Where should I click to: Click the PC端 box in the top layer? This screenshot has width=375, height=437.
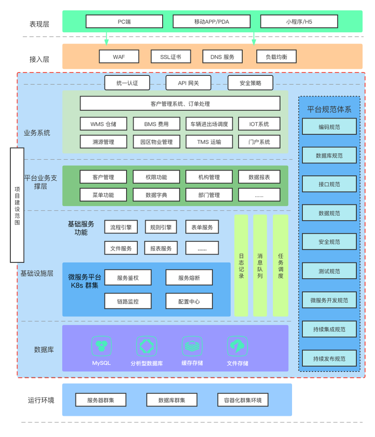(124, 22)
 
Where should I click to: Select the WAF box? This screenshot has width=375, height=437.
(119, 57)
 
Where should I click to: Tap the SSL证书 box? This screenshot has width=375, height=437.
(165, 57)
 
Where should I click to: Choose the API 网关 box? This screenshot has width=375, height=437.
(188, 83)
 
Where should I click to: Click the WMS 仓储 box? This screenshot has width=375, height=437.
(103, 124)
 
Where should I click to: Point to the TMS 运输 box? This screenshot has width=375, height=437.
(209, 142)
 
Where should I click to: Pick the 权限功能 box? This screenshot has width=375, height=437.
(156, 177)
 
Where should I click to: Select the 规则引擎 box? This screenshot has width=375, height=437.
(161, 227)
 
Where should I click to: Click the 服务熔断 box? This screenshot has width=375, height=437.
(189, 278)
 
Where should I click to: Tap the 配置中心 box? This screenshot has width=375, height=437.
(189, 301)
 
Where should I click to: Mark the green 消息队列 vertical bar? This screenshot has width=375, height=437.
(260, 266)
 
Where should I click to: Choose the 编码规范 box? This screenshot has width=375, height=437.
(329, 126)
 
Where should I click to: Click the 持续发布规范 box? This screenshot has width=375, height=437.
(329, 359)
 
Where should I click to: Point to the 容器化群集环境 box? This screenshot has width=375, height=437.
(243, 400)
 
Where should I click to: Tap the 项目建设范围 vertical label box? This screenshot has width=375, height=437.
(17, 205)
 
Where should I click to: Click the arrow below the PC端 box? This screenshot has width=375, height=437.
(106, 38)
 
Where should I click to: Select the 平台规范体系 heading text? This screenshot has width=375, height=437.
(329, 109)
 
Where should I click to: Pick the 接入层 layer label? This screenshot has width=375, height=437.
(39, 59)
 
